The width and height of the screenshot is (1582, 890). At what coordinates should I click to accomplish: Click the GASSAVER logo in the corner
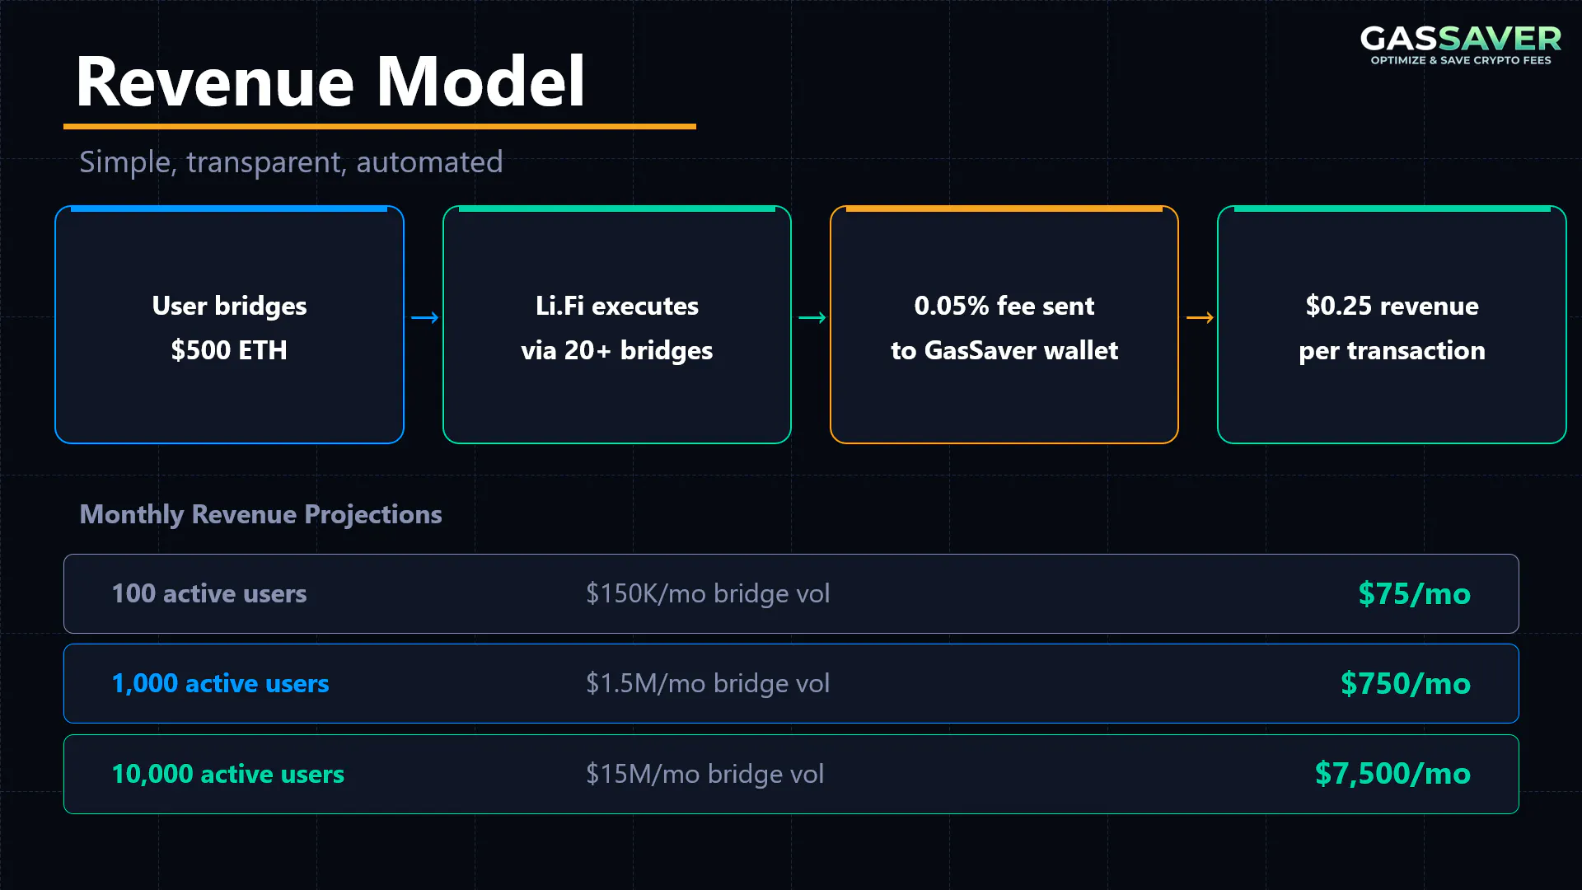click(1460, 44)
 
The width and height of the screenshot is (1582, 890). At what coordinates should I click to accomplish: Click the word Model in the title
click(481, 82)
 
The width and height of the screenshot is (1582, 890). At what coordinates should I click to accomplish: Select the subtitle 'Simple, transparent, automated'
click(291, 162)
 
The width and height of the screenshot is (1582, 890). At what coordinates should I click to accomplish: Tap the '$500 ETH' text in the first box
click(229, 350)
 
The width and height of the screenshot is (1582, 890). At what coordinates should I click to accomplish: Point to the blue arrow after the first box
click(424, 317)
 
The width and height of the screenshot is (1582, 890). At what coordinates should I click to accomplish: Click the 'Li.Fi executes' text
click(617, 306)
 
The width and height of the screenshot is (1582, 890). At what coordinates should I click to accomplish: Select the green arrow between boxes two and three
click(812, 317)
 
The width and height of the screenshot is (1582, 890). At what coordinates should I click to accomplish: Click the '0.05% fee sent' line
click(1004, 306)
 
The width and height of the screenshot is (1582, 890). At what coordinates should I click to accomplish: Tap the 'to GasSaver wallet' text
click(1004, 350)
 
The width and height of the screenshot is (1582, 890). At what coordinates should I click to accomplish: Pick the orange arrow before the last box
click(1200, 317)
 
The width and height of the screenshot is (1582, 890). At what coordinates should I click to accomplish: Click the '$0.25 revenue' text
click(1392, 306)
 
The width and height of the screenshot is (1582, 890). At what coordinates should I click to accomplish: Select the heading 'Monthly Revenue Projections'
click(260, 514)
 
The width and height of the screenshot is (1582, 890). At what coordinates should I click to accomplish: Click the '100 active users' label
click(209, 593)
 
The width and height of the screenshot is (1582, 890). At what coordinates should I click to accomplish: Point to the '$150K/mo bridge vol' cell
click(708, 593)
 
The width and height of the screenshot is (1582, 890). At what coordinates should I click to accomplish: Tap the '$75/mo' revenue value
click(1414, 593)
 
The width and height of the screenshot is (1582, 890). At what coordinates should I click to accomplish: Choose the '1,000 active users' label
click(220, 683)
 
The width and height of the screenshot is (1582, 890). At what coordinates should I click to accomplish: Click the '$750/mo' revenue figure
click(1405, 683)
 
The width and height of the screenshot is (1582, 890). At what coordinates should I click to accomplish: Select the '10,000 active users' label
click(227, 774)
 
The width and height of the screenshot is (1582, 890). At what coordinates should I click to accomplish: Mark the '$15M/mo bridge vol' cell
click(704, 774)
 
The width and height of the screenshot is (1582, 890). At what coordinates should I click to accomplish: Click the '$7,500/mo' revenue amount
click(1392, 774)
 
